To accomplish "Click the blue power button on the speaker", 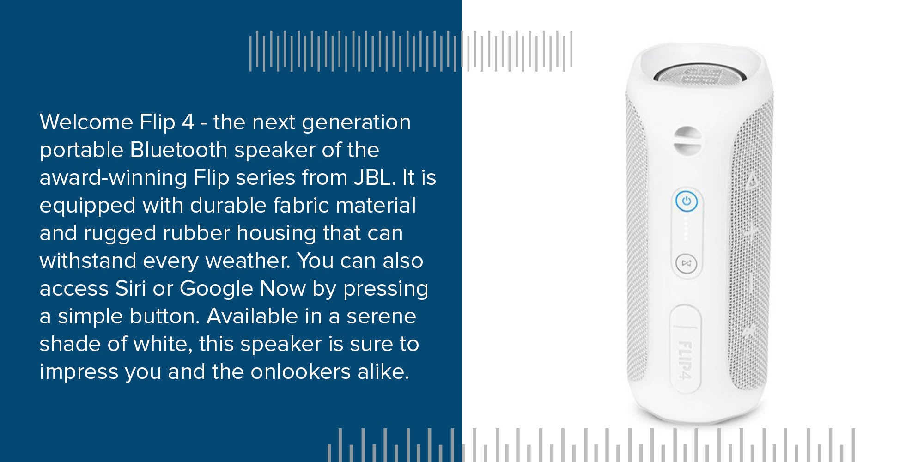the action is pyautogui.click(x=687, y=201).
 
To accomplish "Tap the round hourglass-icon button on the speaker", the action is pyautogui.click(x=686, y=263).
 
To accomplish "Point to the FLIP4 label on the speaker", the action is pyautogui.click(x=685, y=360).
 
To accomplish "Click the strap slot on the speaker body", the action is pyautogui.click(x=687, y=141).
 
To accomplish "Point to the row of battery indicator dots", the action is pyautogui.click(x=686, y=229).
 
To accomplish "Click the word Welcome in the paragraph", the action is pyautogui.click(x=86, y=122).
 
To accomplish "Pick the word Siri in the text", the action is pyautogui.click(x=130, y=288).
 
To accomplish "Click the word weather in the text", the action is pyautogui.click(x=248, y=261).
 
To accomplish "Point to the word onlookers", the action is pyautogui.click(x=301, y=371).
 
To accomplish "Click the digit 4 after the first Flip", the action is pyautogui.click(x=188, y=122).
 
